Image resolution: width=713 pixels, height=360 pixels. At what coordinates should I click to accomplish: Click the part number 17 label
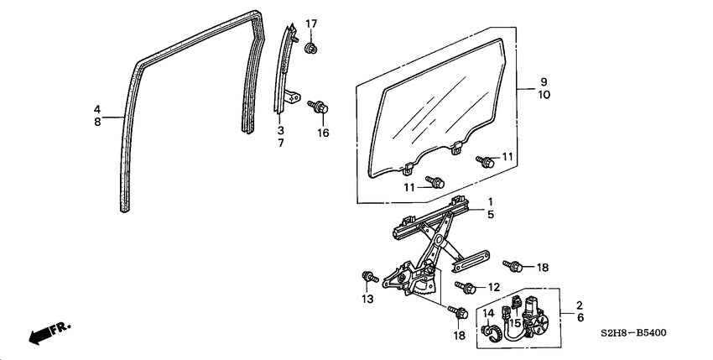[311, 23]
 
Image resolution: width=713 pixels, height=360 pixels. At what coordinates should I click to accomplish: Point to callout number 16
[323, 133]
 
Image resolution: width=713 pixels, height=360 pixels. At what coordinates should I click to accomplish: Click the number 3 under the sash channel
[281, 131]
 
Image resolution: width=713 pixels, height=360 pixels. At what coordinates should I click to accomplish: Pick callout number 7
[281, 143]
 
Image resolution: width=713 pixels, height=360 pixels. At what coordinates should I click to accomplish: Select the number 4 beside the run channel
[97, 109]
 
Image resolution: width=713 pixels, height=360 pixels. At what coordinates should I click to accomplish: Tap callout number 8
[97, 122]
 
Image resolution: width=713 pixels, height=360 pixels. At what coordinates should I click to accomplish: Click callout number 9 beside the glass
[544, 81]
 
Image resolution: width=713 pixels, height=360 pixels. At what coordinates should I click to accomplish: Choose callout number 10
[544, 95]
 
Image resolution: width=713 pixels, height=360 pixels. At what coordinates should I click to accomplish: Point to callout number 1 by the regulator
[492, 201]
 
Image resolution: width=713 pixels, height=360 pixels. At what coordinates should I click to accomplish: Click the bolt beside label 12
[466, 287]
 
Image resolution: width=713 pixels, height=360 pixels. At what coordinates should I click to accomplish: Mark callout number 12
[494, 287]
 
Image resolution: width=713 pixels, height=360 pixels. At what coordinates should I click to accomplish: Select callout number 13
[367, 300]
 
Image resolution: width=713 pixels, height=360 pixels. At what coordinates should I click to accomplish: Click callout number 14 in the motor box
[489, 314]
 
